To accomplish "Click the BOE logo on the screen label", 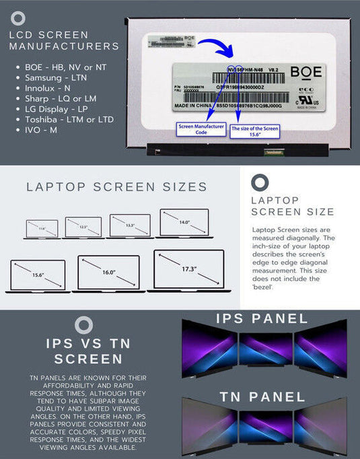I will [305, 72].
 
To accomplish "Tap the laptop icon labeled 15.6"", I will [38, 276].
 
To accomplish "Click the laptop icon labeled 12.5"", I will [83, 227].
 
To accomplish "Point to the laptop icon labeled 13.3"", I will [129, 226].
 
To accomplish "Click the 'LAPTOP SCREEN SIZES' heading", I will [116, 186].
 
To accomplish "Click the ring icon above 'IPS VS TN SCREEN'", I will [84, 325].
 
